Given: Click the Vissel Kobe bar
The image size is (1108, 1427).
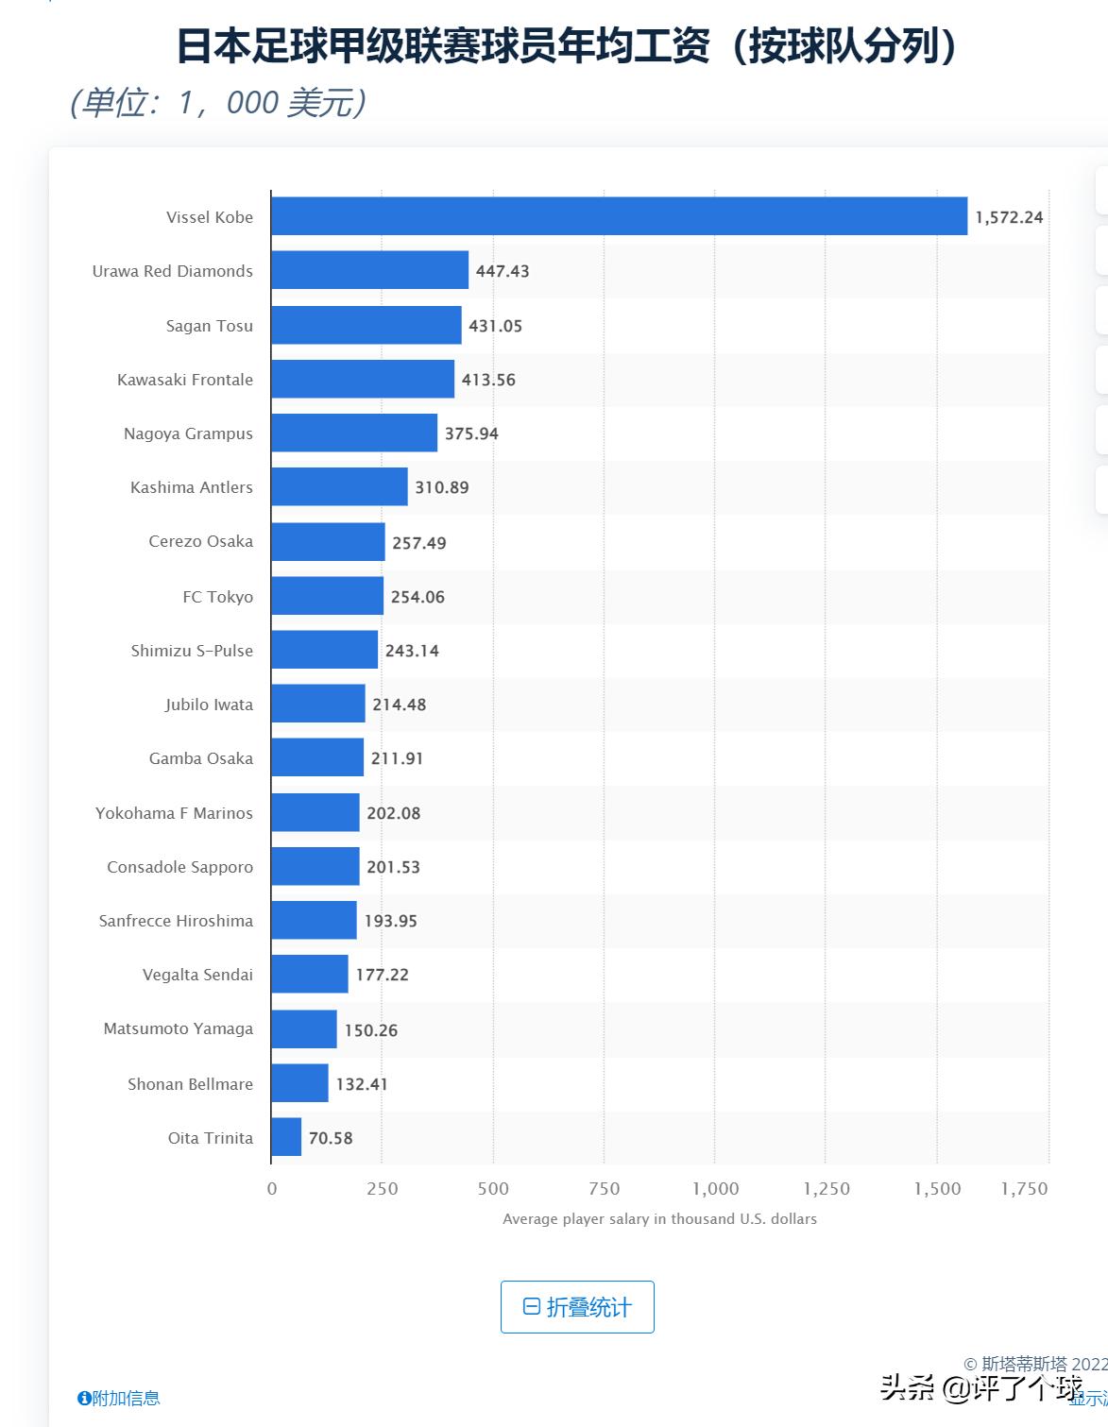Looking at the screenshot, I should (x=619, y=216).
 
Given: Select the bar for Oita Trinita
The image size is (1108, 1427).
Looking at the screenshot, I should (x=286, y=1137).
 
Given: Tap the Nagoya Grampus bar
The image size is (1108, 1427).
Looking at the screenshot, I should (x=354, y=433).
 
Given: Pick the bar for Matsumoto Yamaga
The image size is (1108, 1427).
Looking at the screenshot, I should (x=304, y=1028).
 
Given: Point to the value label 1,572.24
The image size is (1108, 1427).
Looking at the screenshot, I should (x=1009, y=217).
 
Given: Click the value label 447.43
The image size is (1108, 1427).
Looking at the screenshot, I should (x=503, y=271).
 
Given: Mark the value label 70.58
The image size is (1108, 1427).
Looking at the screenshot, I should (x=331, y=1138).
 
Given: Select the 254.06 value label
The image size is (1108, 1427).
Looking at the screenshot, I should (x=418, y=597).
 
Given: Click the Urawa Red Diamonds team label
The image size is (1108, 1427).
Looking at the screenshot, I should (x=173, y=271).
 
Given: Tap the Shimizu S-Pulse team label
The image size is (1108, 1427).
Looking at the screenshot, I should (x=192, y=651).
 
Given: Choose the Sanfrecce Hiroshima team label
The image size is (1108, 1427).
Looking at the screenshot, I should (x=176, y=921).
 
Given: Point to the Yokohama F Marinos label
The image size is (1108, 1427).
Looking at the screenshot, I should (x=174, y=813).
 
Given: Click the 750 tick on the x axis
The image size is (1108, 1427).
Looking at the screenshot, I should (x=604, y=1189).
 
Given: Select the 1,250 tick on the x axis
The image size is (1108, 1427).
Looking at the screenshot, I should (x=827, y=1189).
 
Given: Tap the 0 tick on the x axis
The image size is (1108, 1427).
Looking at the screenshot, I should (x=272, y=1189).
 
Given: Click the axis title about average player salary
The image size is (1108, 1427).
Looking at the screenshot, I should (x=659, y=1219).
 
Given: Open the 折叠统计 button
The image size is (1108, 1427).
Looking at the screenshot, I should (x=577, y=1307).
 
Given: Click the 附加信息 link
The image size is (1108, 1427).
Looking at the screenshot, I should (x=119, y=1398).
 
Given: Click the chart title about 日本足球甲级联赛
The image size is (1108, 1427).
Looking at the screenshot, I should (x=567, y=45).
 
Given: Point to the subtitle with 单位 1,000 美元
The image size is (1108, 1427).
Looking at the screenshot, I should (x=218, y=102).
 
